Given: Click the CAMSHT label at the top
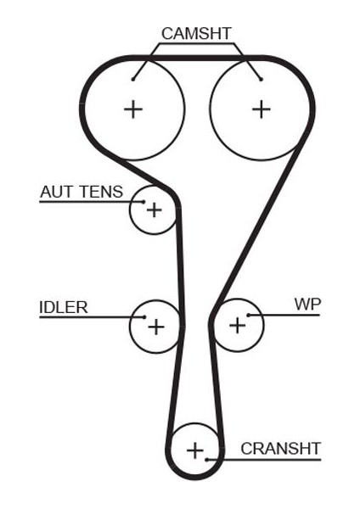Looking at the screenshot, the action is click(196, 33).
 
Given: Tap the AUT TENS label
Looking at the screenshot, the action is click(82, 192).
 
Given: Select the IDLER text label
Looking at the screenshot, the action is click(64, 307).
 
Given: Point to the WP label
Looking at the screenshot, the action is click(307, 304).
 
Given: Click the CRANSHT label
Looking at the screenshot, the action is click(281, 449).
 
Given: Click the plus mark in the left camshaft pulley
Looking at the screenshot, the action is click(133, 109).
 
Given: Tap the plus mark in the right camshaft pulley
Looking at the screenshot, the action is click(262, 109).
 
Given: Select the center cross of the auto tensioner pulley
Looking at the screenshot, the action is click(154, 210).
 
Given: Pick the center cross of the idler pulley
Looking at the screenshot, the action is click(156, 327).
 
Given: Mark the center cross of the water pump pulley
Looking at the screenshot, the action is click(237, 326).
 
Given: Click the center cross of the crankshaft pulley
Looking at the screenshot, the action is click(195, 450).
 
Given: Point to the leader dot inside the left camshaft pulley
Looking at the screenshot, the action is click(133, 79).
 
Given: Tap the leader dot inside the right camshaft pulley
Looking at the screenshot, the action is click(261, 79).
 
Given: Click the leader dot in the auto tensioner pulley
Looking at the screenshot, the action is click(143, 202).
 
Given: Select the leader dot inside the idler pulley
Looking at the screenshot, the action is click(144, 317).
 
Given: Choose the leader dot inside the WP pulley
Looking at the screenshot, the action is click(249, 316).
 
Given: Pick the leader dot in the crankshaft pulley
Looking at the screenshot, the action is click(206, 460).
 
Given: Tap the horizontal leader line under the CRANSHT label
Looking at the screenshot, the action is click(263, 460).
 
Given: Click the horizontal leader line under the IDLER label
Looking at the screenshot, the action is click(92, 317).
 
